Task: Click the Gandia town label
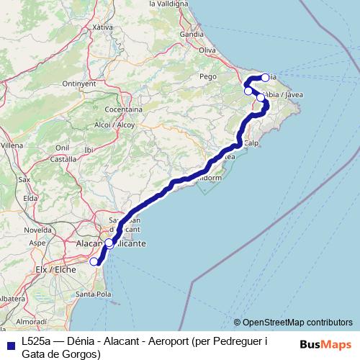tap(192, 34)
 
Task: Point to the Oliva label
tap(207, 50)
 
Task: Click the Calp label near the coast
tap(251, 143)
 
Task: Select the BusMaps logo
tap(325, 344)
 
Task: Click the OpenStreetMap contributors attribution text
tap(293, 322)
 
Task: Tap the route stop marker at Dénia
tap(265, 77)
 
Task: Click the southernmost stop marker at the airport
tap(94, 261)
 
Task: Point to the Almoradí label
tap(32, 320)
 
